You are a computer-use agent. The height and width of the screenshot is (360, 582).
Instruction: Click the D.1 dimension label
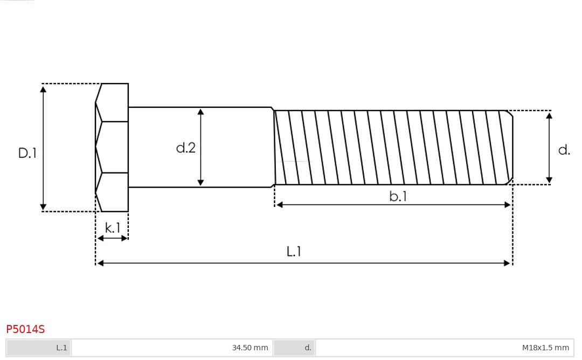[x=27, y=153]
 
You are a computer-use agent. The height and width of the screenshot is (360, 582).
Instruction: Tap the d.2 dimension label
[x=186, y=148]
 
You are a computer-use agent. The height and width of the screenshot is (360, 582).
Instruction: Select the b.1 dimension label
[x=398, y=197]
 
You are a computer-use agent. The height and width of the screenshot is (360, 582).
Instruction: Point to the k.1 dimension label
[x=113, y=228]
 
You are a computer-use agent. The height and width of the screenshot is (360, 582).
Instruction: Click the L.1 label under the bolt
[x=294, y=252]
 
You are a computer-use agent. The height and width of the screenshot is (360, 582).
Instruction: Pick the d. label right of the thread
[x=564, y=150]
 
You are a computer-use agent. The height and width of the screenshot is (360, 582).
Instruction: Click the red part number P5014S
[x=25, y=329]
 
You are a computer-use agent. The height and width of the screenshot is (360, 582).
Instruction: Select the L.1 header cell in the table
[x=39, y=348]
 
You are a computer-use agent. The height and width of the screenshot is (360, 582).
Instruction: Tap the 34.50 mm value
[x=250, y=348]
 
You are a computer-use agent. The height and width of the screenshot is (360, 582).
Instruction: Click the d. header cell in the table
[x=294, y=348]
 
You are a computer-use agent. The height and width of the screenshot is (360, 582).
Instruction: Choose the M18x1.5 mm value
[x=545, y=348]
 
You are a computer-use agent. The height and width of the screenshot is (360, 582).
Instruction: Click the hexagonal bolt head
[x=112, y=147]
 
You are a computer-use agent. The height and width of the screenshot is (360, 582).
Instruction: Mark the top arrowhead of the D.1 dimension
[x=43, y=89]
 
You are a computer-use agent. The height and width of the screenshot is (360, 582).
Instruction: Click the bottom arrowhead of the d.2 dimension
[x=200, y=182]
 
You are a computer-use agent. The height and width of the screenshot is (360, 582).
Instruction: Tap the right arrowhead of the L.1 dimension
[x=507, y=263]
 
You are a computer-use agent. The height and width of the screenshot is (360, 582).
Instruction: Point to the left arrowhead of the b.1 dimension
[x=280, y=205]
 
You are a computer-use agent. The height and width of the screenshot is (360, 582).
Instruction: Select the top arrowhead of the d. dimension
[x=549, y=115]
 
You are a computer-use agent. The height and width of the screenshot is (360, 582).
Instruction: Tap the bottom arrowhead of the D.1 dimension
[x=43, y=206]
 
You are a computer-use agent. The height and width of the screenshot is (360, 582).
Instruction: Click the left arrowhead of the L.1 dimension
[x=100, y=263]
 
